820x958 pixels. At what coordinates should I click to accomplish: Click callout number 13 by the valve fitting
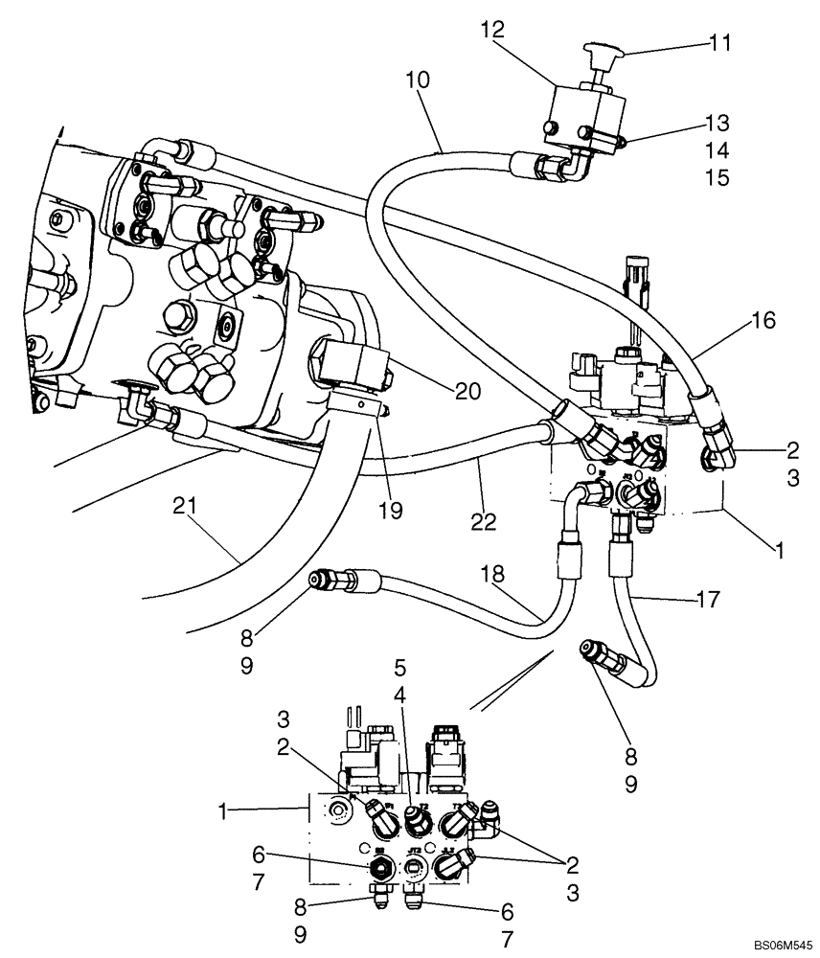[x=716, y=124]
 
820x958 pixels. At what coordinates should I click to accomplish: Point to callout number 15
[x=716, y=177]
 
